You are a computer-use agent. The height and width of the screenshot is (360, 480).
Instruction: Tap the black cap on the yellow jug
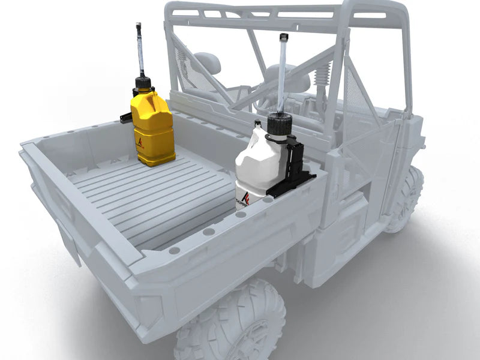coord(142,83)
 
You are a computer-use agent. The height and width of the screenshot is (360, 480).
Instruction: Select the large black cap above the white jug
coord(279,124)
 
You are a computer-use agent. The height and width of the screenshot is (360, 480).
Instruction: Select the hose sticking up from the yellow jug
coord(140,51)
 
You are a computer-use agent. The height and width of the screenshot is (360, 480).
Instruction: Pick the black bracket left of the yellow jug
coord(126,117)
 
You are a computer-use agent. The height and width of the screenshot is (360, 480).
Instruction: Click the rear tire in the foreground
coord(231,324)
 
